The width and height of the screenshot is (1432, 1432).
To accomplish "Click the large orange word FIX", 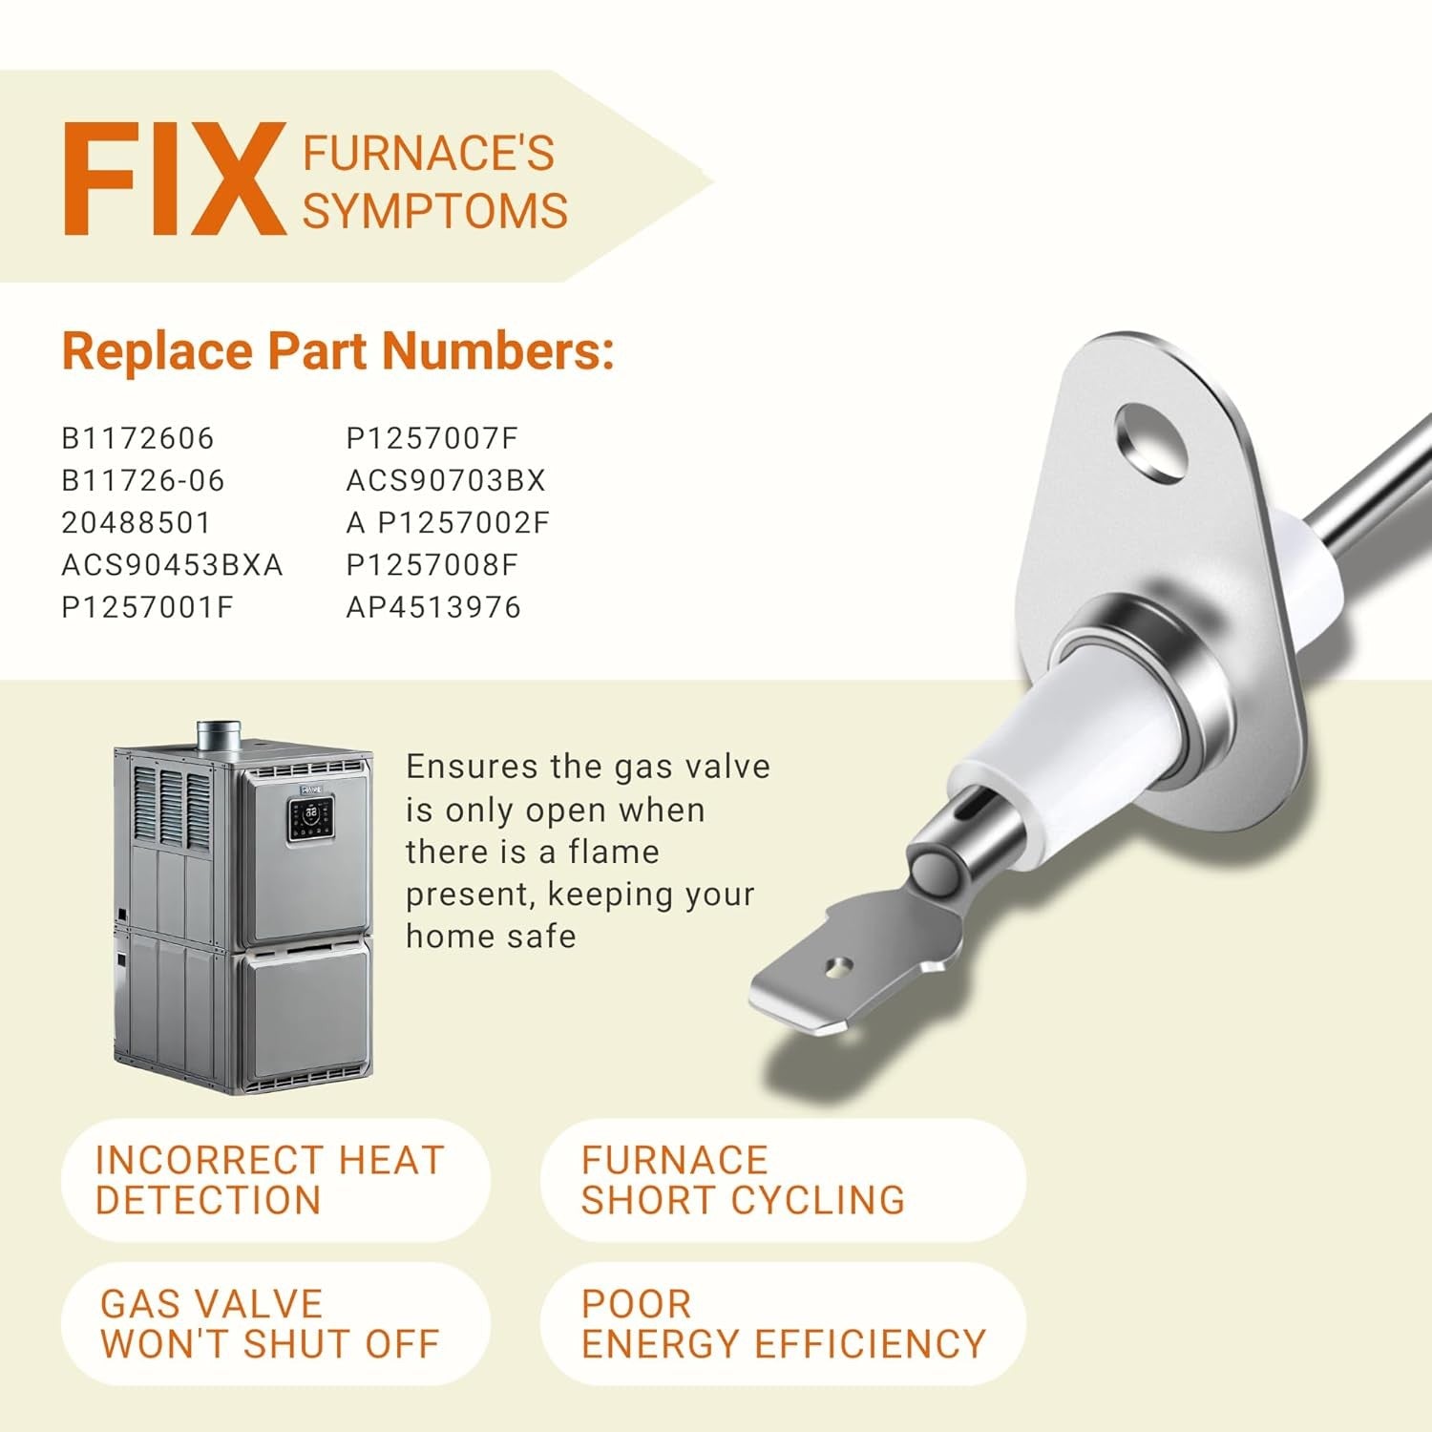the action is click(x=175, y=179).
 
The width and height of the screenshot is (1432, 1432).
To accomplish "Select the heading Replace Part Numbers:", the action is click(x=338, y=351).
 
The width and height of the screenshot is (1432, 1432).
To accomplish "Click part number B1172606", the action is click(x=138, y=438).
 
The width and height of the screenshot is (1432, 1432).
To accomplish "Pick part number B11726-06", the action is click(x=143, y=480).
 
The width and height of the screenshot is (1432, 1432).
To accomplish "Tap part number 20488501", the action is click(x=137, y=522).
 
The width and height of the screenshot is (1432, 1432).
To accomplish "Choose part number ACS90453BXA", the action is click(x=173, y=565).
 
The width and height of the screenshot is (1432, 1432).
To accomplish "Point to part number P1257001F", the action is click(x=148, y=607).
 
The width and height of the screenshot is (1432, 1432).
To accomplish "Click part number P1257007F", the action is click(x=432, y=438).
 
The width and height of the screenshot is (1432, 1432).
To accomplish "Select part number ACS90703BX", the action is click(x=446, y=480).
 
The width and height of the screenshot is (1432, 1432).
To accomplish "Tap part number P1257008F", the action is click(x=432, y=565).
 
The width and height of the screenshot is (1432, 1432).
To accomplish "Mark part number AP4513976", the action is click(x=433, y=607).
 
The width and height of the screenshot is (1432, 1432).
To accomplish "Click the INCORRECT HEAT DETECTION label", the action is click(x=270, y=1180).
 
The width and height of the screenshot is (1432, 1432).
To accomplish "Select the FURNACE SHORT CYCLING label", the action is click(x=743, y=1180).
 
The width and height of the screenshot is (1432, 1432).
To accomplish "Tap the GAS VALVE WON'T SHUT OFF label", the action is click(x=270, y=1323).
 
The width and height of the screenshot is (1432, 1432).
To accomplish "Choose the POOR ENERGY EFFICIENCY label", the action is click(x=783, y=1323).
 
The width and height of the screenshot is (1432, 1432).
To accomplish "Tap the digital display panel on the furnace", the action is click(x=311, y=820).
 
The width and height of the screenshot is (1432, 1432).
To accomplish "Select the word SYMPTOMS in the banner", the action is click(x=435, y=210).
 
